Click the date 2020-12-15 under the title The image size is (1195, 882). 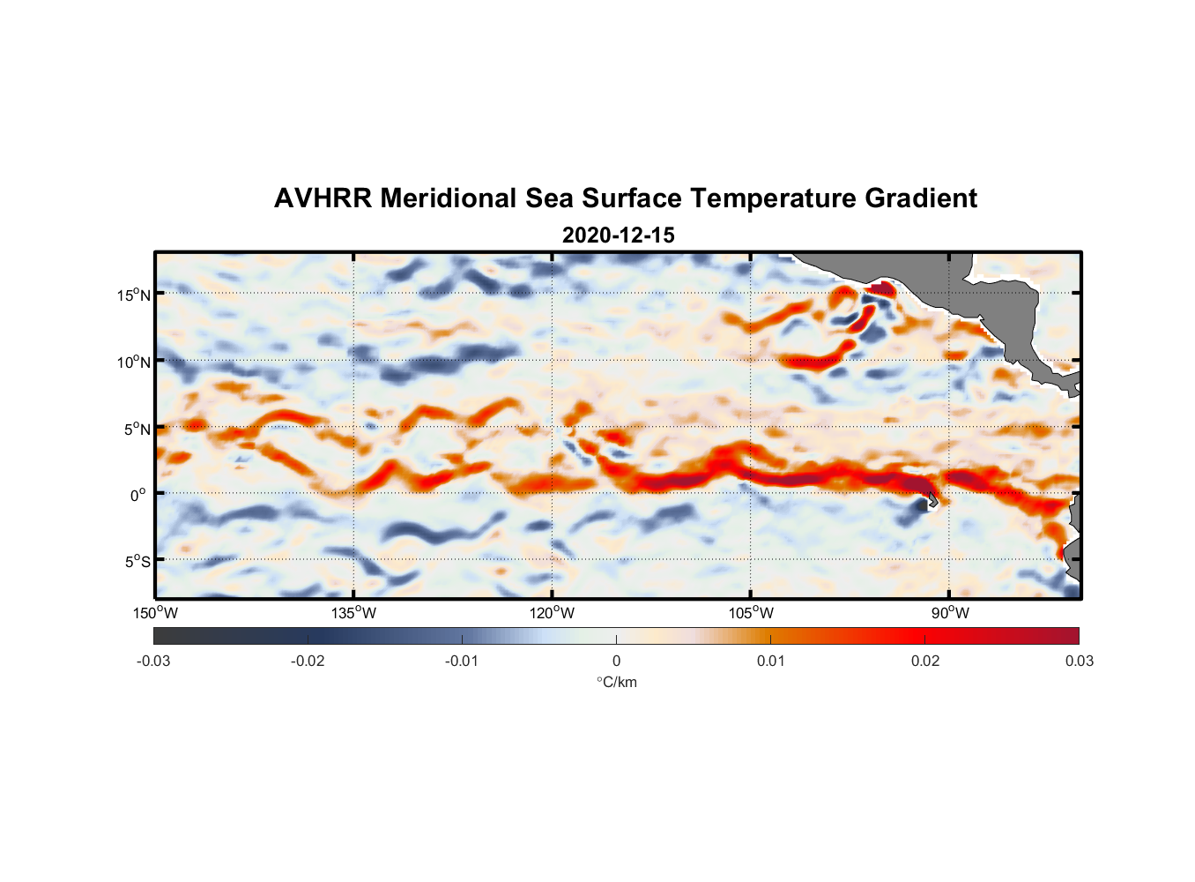pos(618,235)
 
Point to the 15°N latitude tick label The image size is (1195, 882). pos(133,295)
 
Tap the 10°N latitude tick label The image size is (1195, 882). pos(133,362)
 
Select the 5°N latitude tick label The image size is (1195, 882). pos(137,429)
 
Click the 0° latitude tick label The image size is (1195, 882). pos(138,495)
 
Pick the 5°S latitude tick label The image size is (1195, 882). pos(137,561)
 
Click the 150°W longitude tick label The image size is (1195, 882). pos(156,613)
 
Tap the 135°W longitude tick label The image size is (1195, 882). pos(354,613)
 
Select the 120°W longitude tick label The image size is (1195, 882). pos(553,613)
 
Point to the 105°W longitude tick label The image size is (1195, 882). pos(751,613)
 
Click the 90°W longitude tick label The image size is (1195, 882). pos(950,613)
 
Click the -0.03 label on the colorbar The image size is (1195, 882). pos(153,661)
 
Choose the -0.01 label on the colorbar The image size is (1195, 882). pos(462,661)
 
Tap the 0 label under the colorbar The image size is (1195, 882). pos(616,661)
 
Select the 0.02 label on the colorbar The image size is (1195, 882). pos(925,661)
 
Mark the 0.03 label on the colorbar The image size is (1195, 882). pos(1079,661)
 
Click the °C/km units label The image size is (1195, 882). pos(617,682)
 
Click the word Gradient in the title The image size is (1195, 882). pos(921,198)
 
